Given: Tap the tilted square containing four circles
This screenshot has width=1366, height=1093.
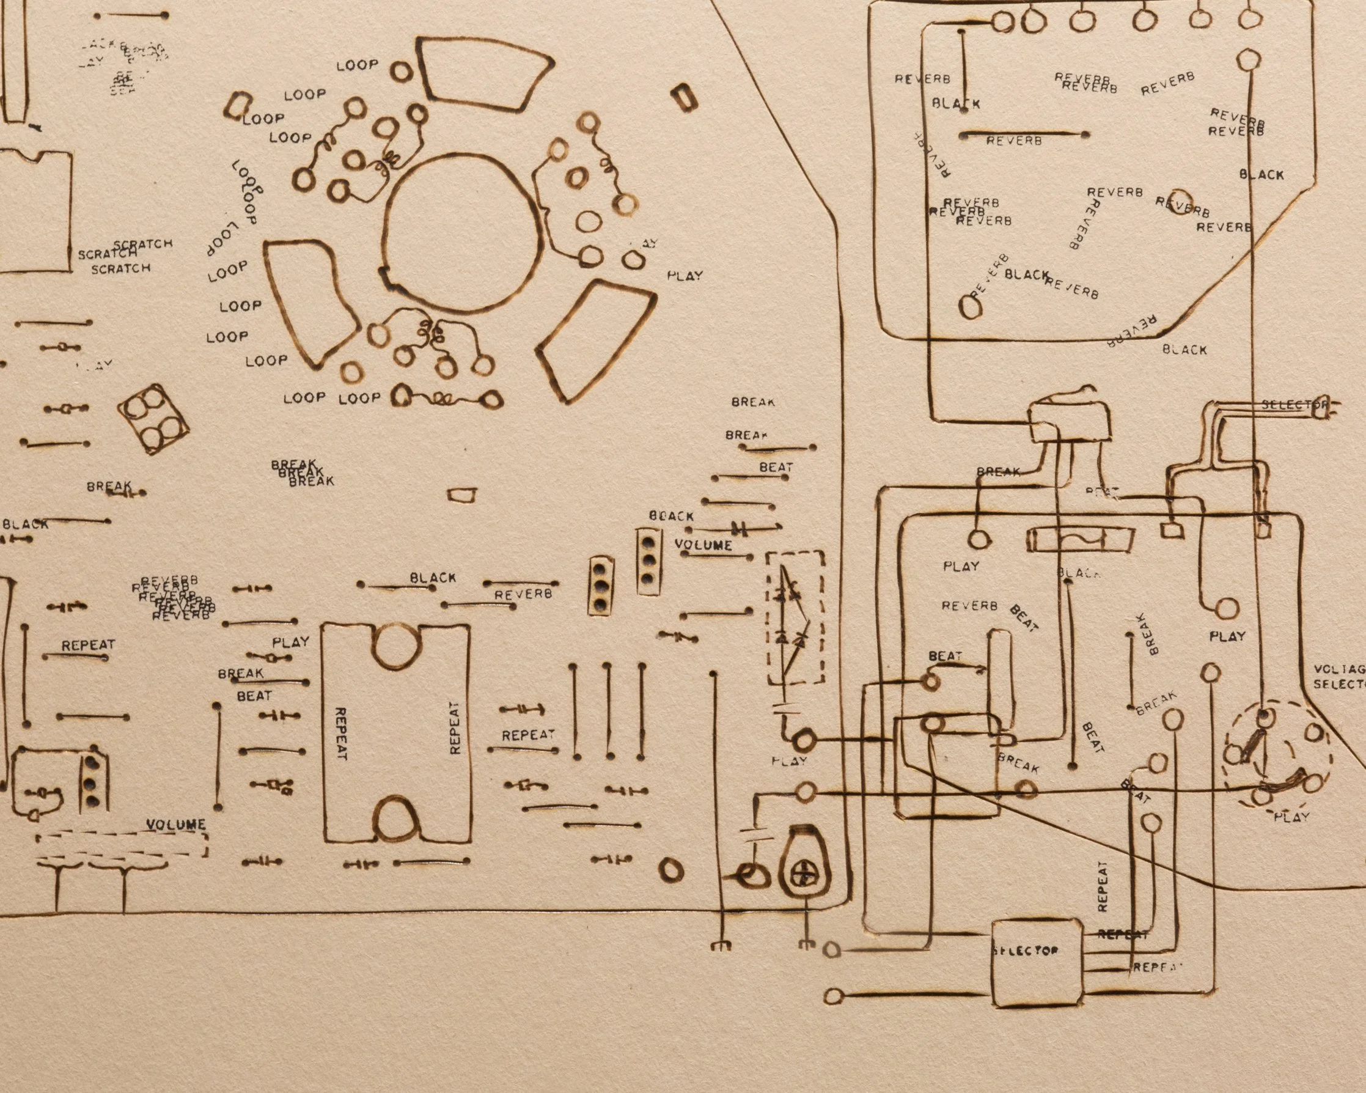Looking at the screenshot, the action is pos(153,418).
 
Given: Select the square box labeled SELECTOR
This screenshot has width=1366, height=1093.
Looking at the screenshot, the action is pos(1037,964).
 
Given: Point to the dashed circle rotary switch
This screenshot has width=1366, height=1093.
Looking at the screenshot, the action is pos(1277,754).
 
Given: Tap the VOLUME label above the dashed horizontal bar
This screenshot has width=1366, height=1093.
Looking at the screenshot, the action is pos(175,825).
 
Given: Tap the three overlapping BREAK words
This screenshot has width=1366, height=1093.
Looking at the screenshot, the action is pos(303,473).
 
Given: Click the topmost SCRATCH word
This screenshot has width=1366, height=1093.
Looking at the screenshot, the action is pos(143,244).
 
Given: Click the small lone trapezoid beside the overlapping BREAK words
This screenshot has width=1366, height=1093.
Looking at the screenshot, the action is pos(461,494).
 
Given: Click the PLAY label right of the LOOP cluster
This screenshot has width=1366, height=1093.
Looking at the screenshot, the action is pos(685,276).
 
